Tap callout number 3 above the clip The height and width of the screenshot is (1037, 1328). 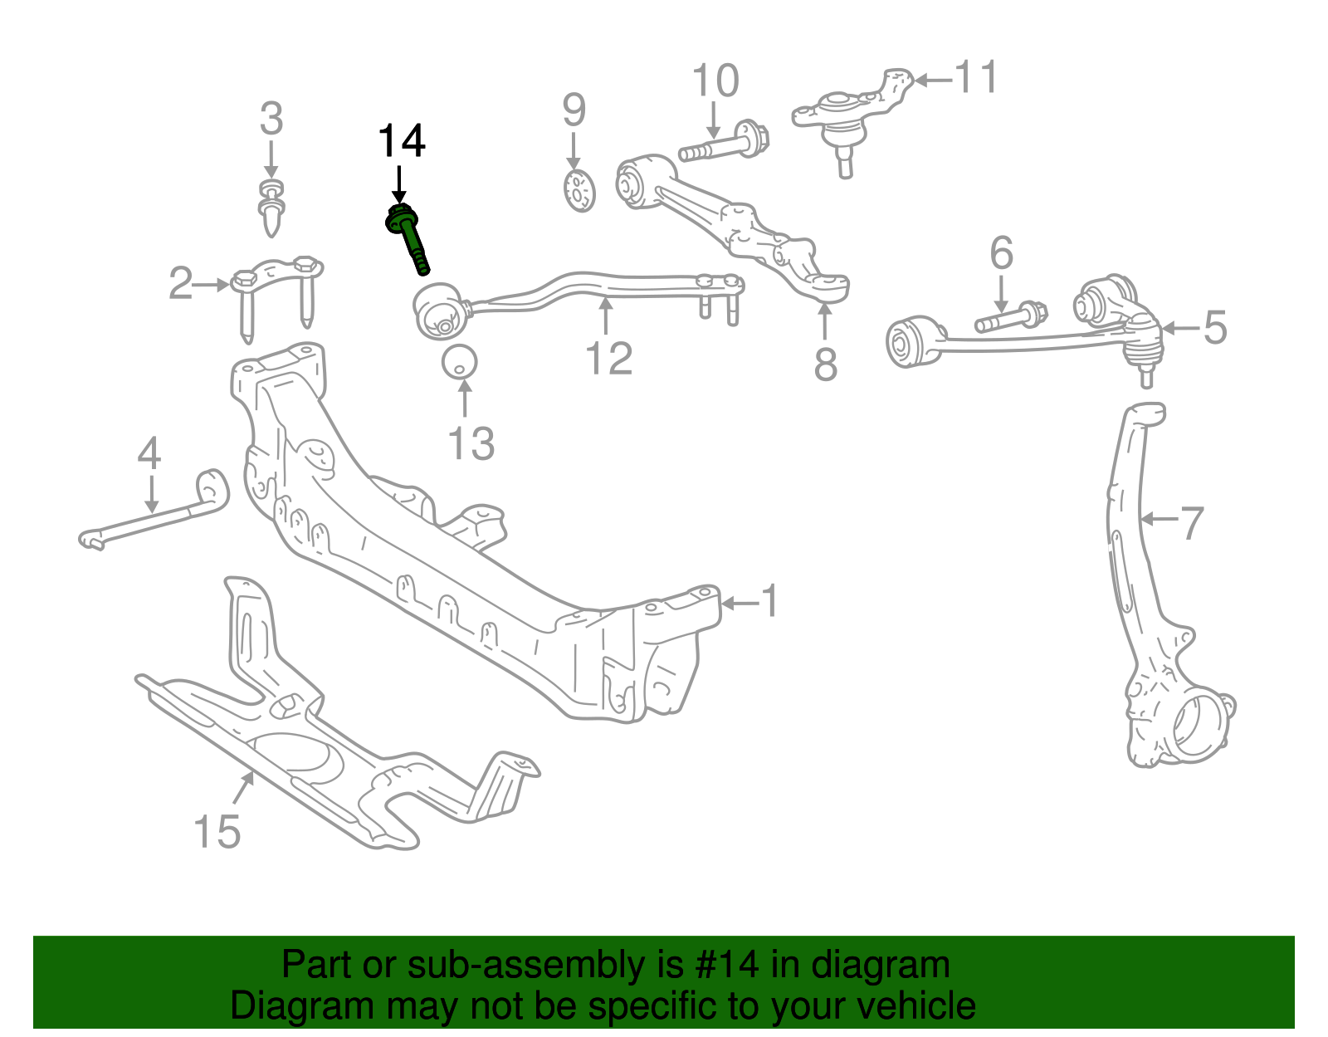tap(271, 120)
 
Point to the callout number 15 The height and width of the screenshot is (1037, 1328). tap(217, 831)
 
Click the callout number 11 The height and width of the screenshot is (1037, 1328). tap(976, 77)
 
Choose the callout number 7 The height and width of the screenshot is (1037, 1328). tap(1191, 522)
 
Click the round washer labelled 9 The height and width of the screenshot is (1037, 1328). tap(579, 190)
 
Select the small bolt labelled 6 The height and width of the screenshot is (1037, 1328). tap(1010, 318)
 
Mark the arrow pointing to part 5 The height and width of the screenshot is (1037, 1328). tap(1180, 329)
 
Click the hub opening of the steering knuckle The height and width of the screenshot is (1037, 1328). tap(1198, 727)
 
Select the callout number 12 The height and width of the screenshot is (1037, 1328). tap(608, 359)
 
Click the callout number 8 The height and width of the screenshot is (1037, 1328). tap(825, 364)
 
